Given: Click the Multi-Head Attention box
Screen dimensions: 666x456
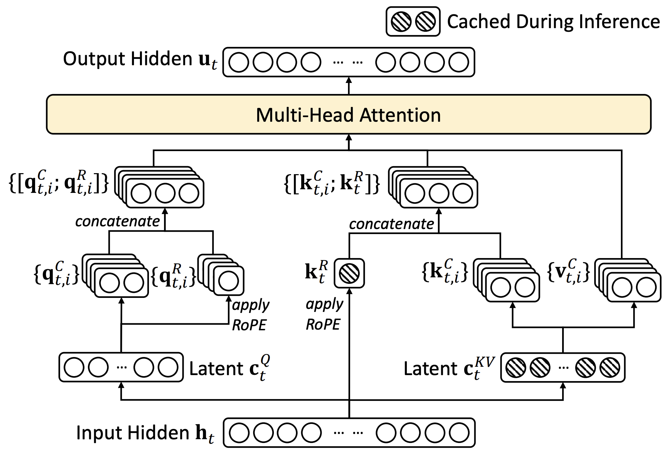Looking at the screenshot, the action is (x=348, y=114).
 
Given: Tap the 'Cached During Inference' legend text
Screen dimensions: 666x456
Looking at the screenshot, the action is (x=553, y=22).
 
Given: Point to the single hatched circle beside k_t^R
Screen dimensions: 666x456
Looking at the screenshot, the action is (x=349, y=273).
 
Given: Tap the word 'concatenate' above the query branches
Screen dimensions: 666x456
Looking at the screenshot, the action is (x=118, y=221).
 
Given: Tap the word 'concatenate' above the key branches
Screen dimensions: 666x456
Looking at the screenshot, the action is (x=391, y=224).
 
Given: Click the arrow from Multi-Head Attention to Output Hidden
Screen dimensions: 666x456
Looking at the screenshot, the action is (x=349, y=86).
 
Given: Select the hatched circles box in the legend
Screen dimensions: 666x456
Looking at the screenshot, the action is (x=413, y=21).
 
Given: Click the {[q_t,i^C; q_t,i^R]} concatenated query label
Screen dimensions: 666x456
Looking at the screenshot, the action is (x=59, y=182).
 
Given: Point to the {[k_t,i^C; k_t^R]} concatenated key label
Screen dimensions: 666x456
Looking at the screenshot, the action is (x=332, y=183).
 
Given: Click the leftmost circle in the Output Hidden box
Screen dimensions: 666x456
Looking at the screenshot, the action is (x=239, y=62).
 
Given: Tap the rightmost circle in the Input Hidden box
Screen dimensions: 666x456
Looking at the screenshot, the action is (x=459, y=433).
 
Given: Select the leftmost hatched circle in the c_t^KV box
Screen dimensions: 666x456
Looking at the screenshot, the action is (x=515, y=367).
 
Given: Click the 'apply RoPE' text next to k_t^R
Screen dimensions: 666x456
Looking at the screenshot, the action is (x=324, y=314).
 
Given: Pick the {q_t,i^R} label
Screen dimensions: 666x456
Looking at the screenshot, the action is (x=173, y=275).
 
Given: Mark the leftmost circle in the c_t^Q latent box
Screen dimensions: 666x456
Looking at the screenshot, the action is (x=74, y=367).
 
